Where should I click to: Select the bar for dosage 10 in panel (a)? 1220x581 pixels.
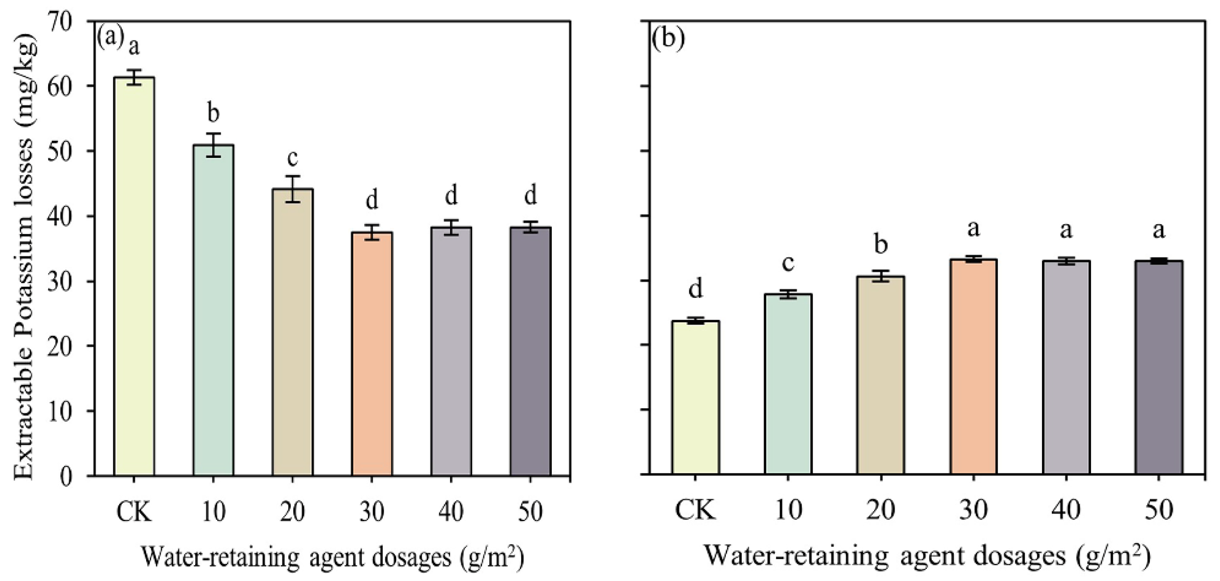click(x=213, y=310)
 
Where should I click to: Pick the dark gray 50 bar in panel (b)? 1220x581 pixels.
click(x=1158, y=367)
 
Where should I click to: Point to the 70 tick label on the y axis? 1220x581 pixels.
click(x=60, y=21)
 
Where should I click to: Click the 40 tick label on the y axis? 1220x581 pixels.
click(x=60, y=216)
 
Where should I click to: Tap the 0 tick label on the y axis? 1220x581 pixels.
click(x=67, y=476)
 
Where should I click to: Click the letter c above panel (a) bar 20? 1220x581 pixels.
click(x=292, y=158)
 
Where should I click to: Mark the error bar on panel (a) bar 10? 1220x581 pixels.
click(x=213, y=145)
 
